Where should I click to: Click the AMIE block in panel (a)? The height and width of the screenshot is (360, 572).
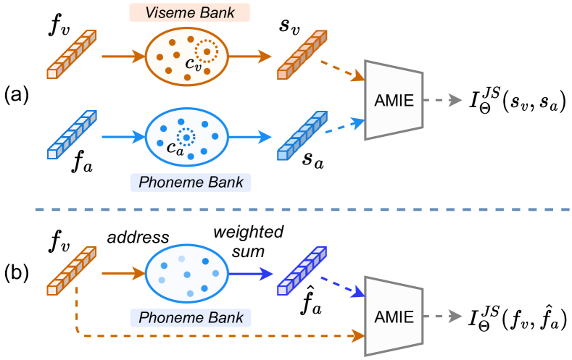(395, 101)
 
